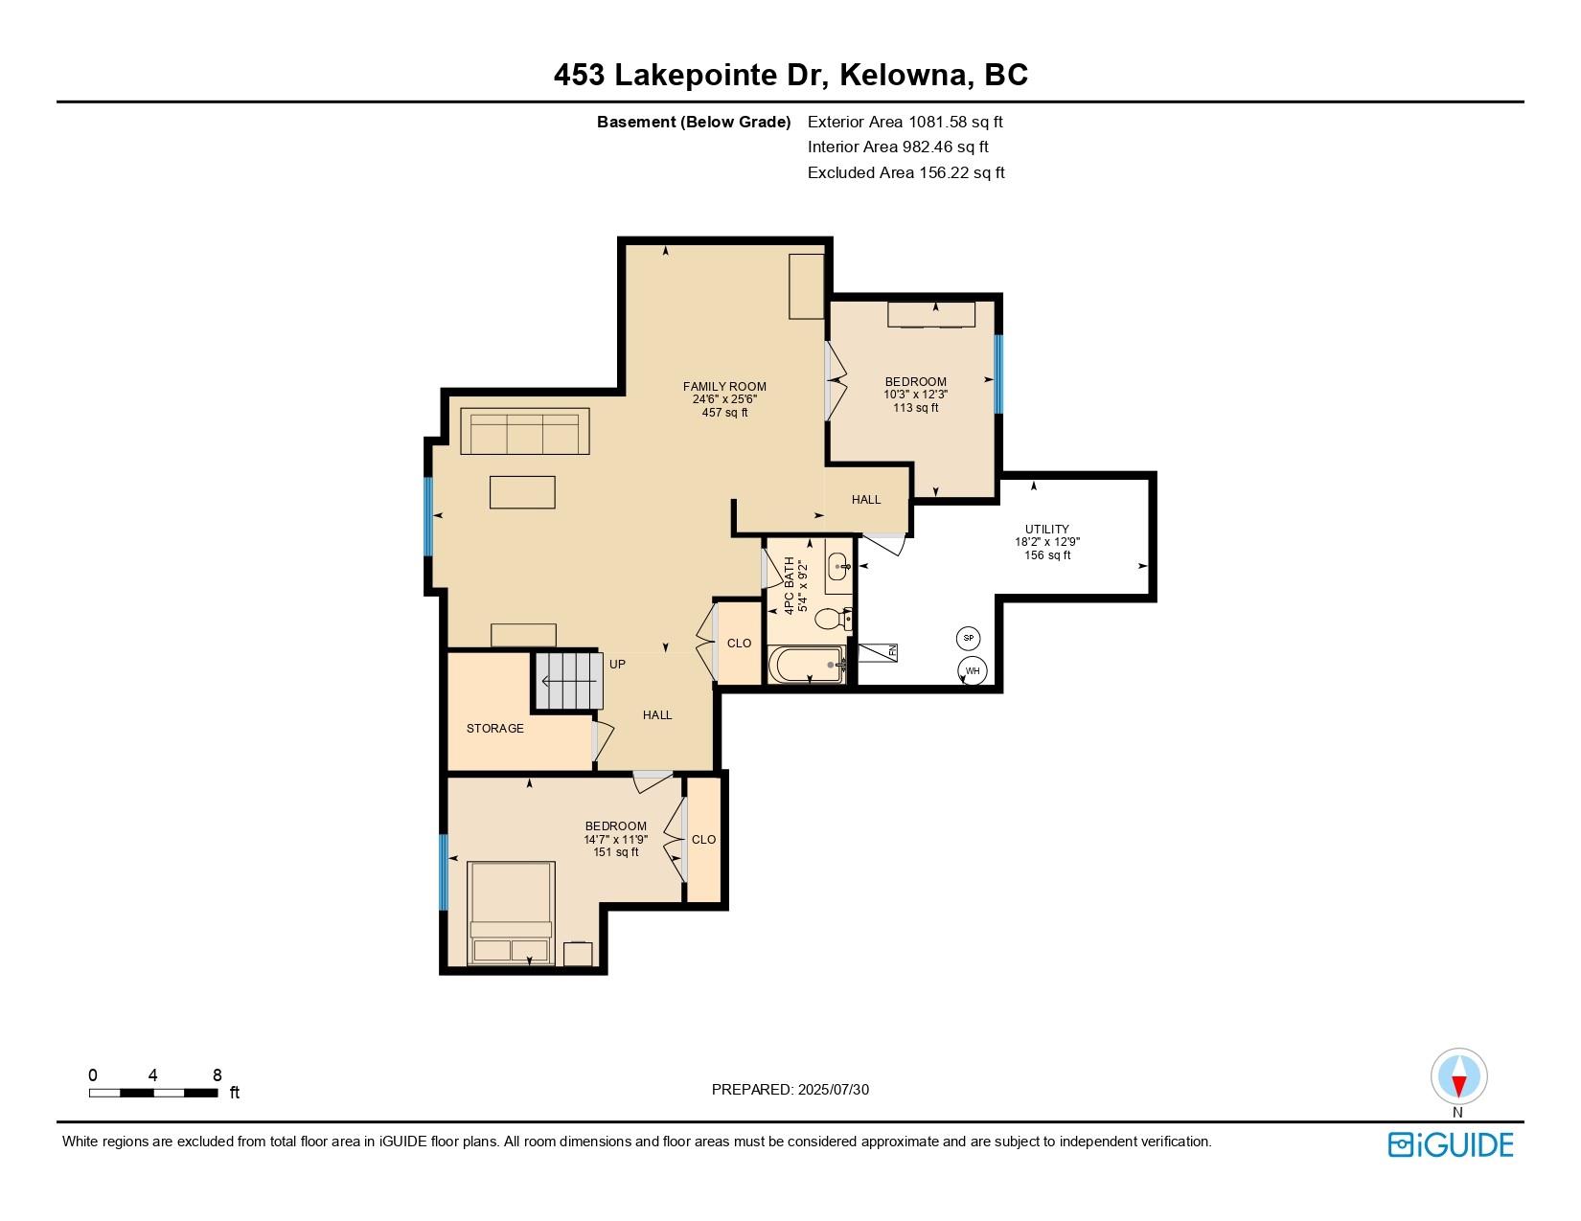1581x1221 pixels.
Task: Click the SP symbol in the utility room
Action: pyautogui.click(x=968, y=638)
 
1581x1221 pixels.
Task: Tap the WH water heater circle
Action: pyautogui.click(x=973, y=670)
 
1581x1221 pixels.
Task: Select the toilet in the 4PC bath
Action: pyautogui.click(x=830, y=620)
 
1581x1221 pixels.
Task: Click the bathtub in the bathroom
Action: pyautogui.click(x=807, y=664)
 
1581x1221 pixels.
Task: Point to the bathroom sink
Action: pyautogui.click(x=839, y=566)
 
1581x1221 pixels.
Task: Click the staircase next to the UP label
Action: pyautogui.click(x=566, y=681)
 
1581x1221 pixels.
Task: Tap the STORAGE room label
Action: pyautogui.click(x=494, y=729)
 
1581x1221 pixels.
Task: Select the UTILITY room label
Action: pyautogui.click(x=1046, y=529)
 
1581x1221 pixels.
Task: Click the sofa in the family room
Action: pyautogui.click(x=524, y=431)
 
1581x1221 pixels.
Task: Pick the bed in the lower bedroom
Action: pyautogui.click(x=511, y=913)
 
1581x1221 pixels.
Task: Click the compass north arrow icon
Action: pyautogui.click(x=1458, y=1077)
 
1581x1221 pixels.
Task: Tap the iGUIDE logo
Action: pyautogui.click(x=1451, y=1144)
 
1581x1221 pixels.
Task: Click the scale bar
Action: pyautogui.click(x=153, y=1092)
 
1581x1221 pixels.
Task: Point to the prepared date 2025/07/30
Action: pyautogui.click(x=790, y=1089)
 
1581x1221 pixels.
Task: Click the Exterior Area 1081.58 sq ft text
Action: pyautogui.click(x=905, y=122)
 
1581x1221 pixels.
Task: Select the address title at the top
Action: pyautogui.click(x=790, y=75)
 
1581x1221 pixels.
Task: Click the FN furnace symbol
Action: pyautogui.click(x=879, y=651)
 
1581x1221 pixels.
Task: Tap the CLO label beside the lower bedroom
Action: pyautogui.click(x=703, y=840)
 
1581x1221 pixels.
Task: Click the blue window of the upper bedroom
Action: pyautogui.click(x=997, y=373)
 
